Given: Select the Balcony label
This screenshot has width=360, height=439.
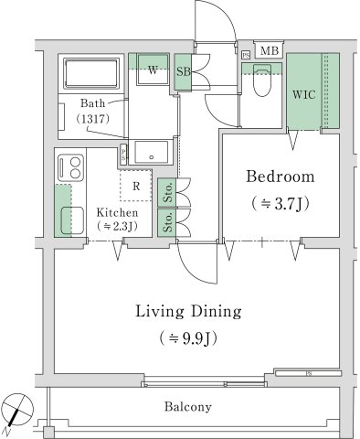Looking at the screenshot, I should [x=188, y=407].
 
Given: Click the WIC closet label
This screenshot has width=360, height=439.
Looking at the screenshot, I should [x=305, y=94].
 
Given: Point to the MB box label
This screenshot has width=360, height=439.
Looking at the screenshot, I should [x=270, y=51].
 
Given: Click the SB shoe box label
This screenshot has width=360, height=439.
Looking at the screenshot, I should [x=183, y=71].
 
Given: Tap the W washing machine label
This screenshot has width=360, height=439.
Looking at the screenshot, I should [x=151, y=70].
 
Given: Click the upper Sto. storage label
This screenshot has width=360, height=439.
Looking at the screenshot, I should [x=168, y=193].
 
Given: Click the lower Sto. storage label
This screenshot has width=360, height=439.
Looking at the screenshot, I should [x=168, y=222].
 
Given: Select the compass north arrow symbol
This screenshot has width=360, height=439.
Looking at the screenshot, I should [x=18, y=409].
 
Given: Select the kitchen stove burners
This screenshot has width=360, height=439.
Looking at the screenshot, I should [x=69, y=167].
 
